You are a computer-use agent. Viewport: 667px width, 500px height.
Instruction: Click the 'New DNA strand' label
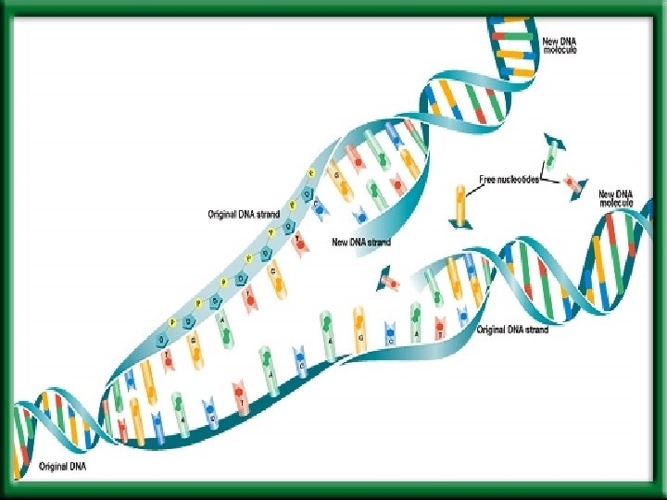point(361,243)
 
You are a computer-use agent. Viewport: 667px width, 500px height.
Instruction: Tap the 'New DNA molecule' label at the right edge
point(617,197)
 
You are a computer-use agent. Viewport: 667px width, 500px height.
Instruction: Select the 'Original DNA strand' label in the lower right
point(512,330)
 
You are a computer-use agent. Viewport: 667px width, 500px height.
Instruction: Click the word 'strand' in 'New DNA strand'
point(378,243)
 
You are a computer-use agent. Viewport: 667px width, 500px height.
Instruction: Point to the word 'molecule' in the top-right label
point(560,51)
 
